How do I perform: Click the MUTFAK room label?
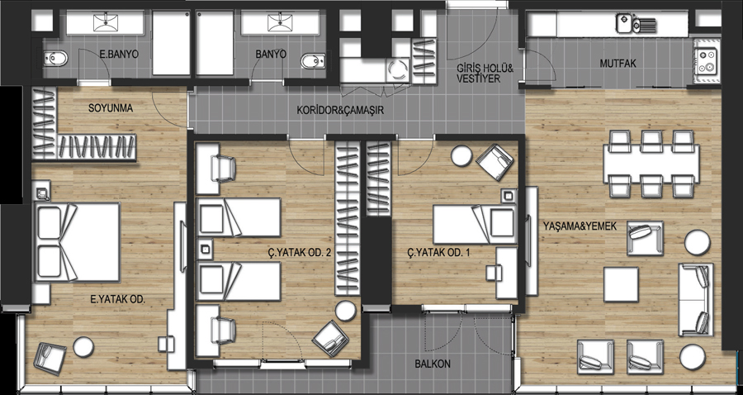tap(618, 64)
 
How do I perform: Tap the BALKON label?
tap(432, 364)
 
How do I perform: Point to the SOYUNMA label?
tap(111, 108)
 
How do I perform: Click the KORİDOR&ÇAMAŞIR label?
tap(340, 111)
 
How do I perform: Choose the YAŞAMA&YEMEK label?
tap(580, 226)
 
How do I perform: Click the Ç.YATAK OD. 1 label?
tap(438, 253)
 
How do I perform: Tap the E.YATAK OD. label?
tap(117, 299)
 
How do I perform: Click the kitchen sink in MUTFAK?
tap(636, 23)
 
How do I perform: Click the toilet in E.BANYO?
tap(56, 59)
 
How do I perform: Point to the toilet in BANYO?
tap(313, 60)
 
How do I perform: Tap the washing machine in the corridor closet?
tap(397, 71)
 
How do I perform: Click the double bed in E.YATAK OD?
tap(76, 242)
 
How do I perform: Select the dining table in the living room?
tap(651, 164)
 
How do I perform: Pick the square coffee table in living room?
tap(621, 284)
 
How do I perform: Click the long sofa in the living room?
tap(696, 300)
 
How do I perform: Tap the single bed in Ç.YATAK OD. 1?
tap(475, 224)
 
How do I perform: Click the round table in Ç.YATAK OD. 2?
tap(345, 311)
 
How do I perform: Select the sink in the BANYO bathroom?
tap(280, 23)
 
